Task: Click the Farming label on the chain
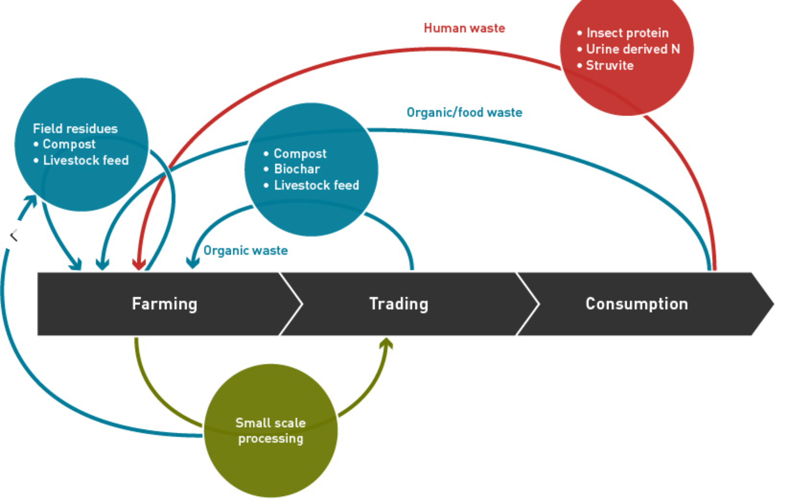coord(165,304)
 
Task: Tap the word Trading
coord(398,304)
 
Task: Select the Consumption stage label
coord(636,304)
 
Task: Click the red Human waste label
coord(464,28)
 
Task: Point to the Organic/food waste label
coord(464,112)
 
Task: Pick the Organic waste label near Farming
coord(245,250)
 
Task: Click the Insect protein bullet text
coord(627,33)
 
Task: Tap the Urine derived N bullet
coord(632,49)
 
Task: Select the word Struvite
coord(609,65)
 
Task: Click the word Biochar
coord(297,169)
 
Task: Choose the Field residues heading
coord(75,129)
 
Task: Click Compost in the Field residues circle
coord(69,144)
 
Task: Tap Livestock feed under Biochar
coord(316,185)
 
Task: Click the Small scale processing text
coord(271,430)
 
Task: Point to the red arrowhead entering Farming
coord(139,265)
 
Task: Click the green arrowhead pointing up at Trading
coord(386,343)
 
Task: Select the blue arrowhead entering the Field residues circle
coord(31,201)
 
